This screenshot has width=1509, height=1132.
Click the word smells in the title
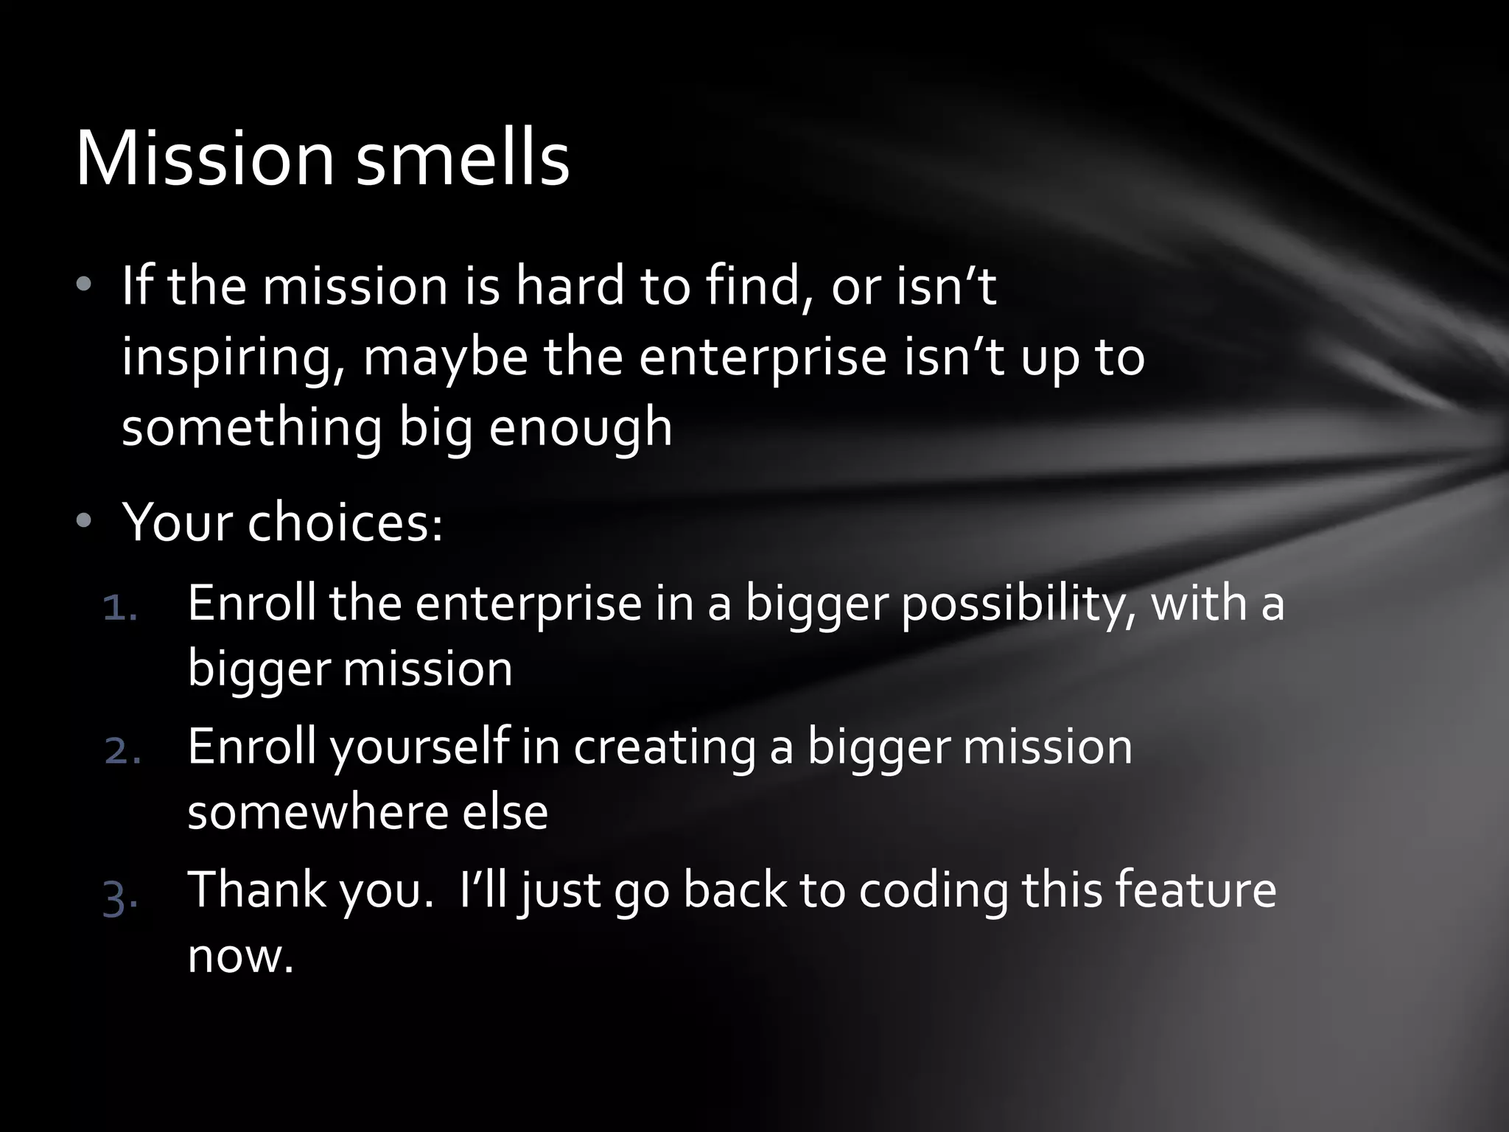click(x=462, y=159)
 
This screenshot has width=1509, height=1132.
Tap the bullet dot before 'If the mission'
click(x=85, y=284)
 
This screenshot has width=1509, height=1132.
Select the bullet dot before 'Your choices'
click(x=85, y=520)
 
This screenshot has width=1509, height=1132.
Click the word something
click(x=252, y=427)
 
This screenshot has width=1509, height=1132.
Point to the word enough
click(x=580, y=427)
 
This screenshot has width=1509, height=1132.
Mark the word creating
click(x=665, y=746)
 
